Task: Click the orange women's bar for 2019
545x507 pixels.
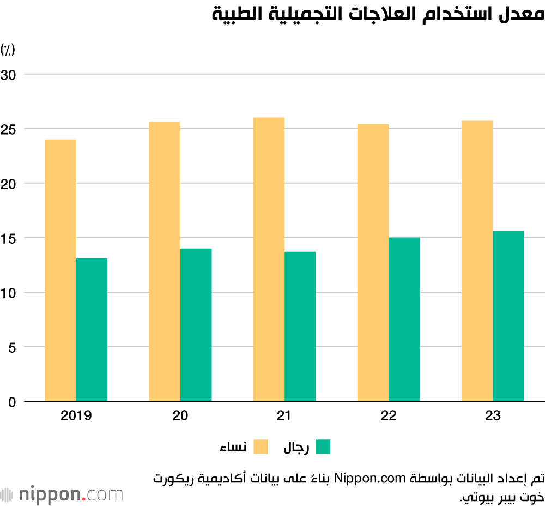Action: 60,270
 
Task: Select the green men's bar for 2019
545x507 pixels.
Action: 92,330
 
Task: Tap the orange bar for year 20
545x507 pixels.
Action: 165,262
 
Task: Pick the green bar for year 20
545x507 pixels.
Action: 196,325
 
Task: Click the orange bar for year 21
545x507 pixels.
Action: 269,259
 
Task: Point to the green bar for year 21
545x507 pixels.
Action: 300,327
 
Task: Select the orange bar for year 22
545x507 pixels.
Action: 373,263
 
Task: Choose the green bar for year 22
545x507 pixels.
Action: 404,319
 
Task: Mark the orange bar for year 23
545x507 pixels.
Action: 477,261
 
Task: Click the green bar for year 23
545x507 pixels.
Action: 508,316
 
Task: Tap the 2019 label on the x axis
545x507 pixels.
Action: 76,416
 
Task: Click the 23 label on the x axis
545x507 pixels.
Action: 493,416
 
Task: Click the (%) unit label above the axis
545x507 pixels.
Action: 8,50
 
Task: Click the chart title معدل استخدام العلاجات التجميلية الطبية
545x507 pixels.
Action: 378,15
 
